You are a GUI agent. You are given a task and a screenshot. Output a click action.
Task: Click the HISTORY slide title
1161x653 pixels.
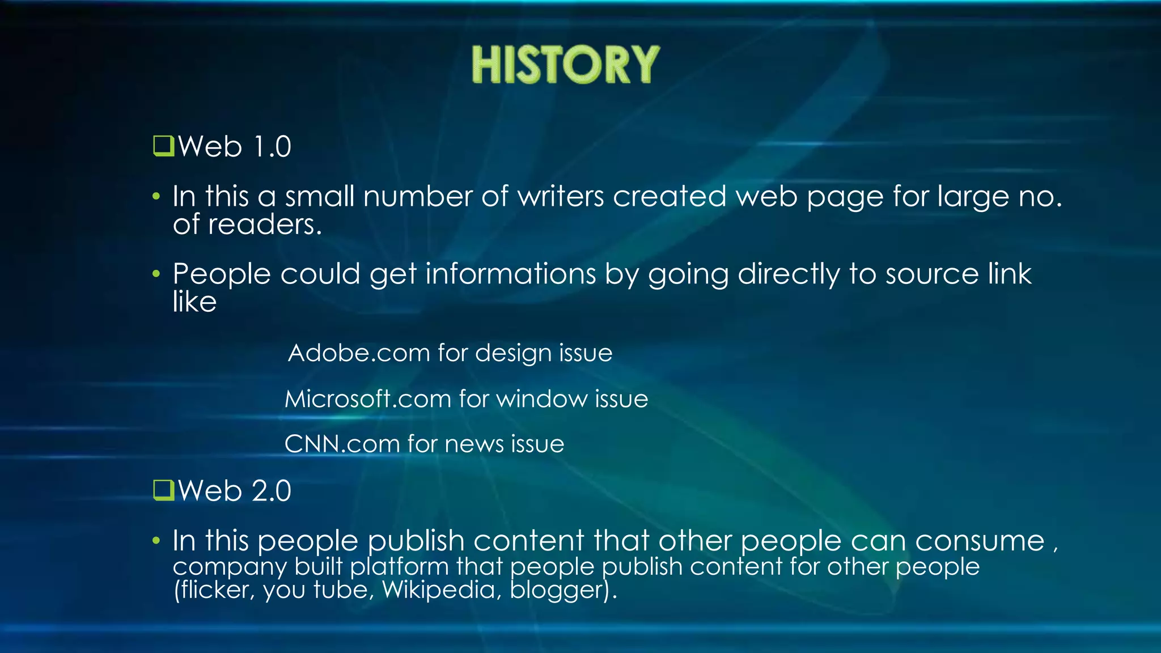(x=565, y=65)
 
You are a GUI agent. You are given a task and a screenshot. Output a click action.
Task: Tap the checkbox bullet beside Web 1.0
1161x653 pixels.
(x=163, y=146)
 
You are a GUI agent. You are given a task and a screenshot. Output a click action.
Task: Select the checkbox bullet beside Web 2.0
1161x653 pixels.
(x=163, y=490)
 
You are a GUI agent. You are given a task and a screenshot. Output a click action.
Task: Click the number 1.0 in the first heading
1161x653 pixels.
(x=272, y=147)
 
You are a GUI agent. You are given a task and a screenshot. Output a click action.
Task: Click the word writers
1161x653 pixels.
(x=561, y=197)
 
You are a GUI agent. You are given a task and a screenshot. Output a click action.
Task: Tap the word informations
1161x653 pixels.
(x=511, y=274)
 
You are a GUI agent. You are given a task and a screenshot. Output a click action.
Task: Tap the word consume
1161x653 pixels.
(x=979, y=541)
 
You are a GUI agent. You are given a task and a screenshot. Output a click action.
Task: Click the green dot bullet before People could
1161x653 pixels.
(x=156, y=274)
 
